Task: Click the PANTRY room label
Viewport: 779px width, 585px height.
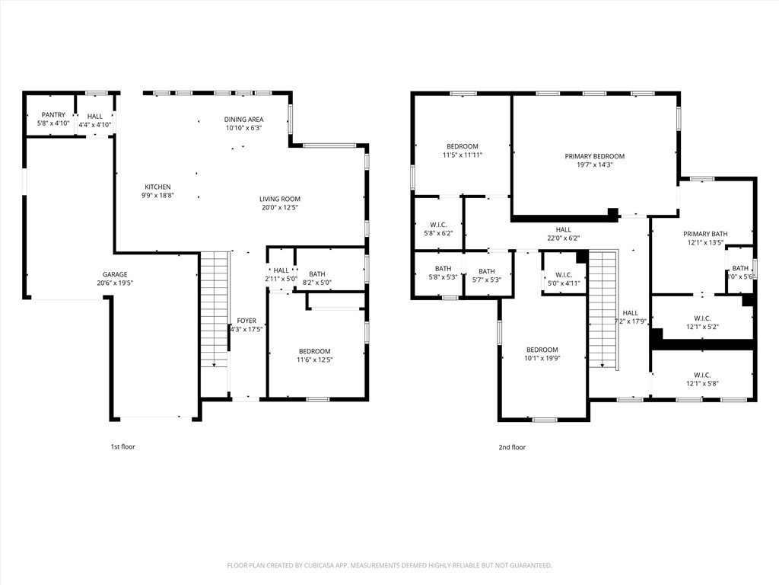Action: point(53,115)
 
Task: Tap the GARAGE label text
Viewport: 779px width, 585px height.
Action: point(115,274)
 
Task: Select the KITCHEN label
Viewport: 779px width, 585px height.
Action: point(158,187)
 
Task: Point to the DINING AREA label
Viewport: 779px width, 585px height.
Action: point(243,120)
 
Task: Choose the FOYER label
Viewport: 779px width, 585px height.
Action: point(246,321)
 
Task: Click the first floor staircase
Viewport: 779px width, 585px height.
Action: point(214,308)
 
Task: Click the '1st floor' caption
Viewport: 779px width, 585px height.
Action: point(122,447)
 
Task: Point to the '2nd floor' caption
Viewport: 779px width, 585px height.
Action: point(513,447)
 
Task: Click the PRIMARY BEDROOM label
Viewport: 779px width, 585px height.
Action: point(594,156)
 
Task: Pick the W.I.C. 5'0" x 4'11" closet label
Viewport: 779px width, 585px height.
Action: point(564,279)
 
